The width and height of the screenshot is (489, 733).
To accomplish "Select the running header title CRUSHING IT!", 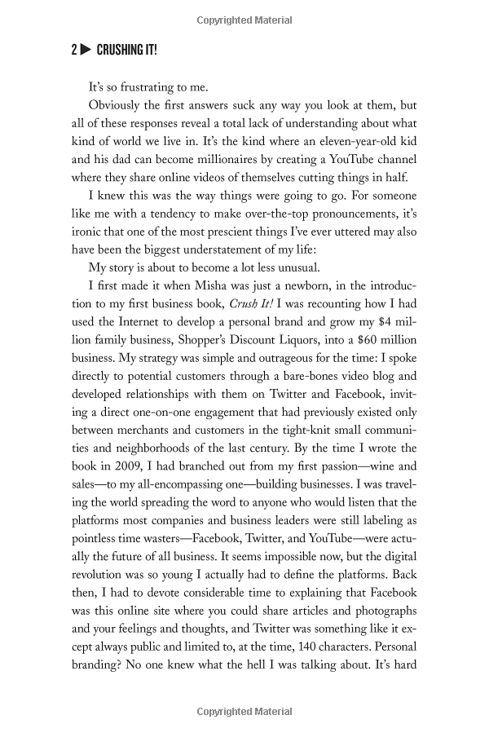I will click(x=126, y=51).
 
